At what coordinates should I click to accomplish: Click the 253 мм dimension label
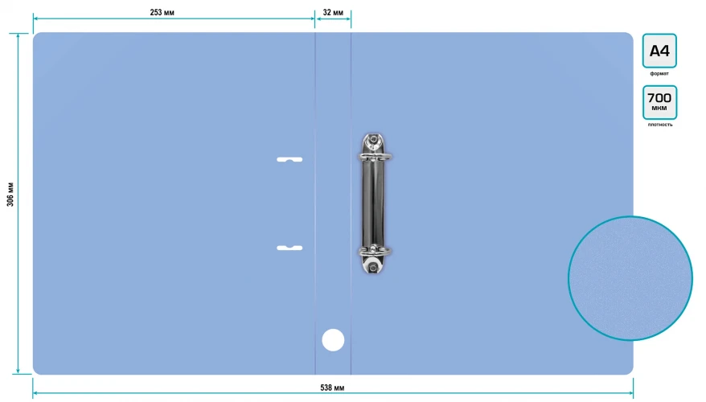162,13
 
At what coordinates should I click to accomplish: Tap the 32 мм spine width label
333,13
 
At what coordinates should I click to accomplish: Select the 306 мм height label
10,195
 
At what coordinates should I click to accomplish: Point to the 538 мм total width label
332,388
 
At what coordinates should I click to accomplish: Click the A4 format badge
659,51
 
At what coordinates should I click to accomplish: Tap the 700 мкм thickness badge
659,102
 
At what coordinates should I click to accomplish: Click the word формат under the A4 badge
659,73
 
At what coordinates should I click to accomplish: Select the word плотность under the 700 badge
660,125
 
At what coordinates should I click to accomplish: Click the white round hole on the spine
333,340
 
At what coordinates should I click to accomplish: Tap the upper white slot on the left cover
289,159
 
